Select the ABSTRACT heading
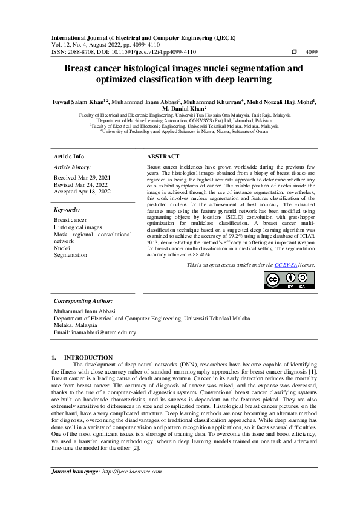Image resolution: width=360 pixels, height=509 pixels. point(163,155)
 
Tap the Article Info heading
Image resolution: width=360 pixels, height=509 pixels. point(70,155)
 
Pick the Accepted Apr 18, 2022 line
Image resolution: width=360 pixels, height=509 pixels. point(82,192)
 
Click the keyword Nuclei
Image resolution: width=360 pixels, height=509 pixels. point(62,248)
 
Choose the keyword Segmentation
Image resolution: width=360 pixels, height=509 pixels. point(71,255)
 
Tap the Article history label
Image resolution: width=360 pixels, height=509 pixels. point(73,166)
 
